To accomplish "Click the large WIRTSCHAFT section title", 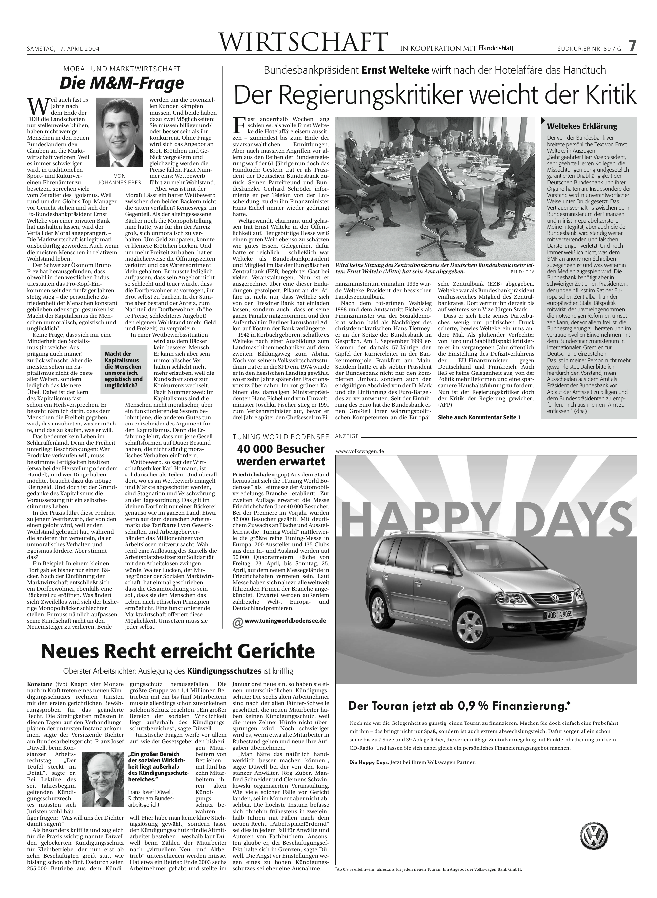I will (x=303, y=42).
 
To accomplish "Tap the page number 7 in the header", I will (x=632, y=46).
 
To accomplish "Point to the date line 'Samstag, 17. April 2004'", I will (x=63, y=49).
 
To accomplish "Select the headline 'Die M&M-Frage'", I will (x=122, y=83).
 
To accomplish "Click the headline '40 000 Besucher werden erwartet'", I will (x=281, y=455).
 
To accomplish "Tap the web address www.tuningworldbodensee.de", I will (x=285, y=620).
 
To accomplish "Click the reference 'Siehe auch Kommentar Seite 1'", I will (x=479, y=417).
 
